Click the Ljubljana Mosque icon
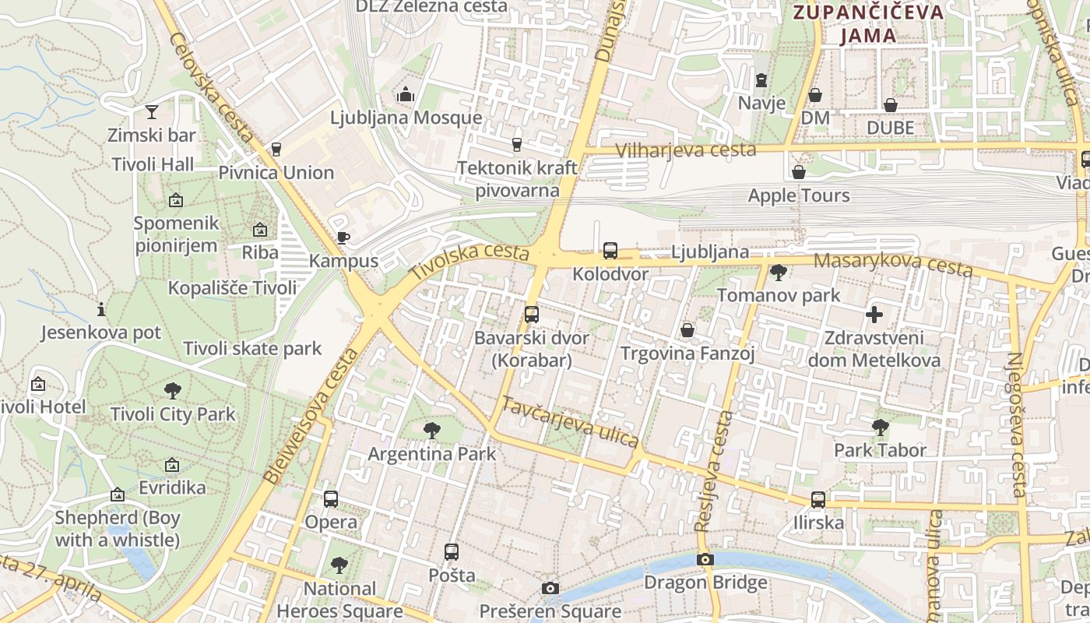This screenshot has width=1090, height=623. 405,95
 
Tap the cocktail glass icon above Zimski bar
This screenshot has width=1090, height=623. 151,112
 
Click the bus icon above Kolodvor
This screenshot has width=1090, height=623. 610,251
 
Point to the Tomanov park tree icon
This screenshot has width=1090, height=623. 778,273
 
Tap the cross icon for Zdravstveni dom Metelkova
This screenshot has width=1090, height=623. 874,315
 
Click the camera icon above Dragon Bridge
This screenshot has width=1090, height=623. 705,559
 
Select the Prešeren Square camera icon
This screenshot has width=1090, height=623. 550,588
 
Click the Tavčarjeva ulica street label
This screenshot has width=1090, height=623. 571,422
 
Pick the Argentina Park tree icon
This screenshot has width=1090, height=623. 431,430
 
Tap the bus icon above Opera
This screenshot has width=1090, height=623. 331,498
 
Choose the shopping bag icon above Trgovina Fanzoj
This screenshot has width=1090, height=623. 687,330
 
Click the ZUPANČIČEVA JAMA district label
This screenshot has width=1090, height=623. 867,23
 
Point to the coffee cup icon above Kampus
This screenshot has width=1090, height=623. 343,238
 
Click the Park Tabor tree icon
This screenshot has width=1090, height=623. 880,427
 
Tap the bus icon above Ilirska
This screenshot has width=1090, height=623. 818,499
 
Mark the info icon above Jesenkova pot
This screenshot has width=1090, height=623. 101,309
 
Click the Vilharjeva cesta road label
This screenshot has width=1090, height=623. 685,150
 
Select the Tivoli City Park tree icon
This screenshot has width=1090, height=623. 173,391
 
